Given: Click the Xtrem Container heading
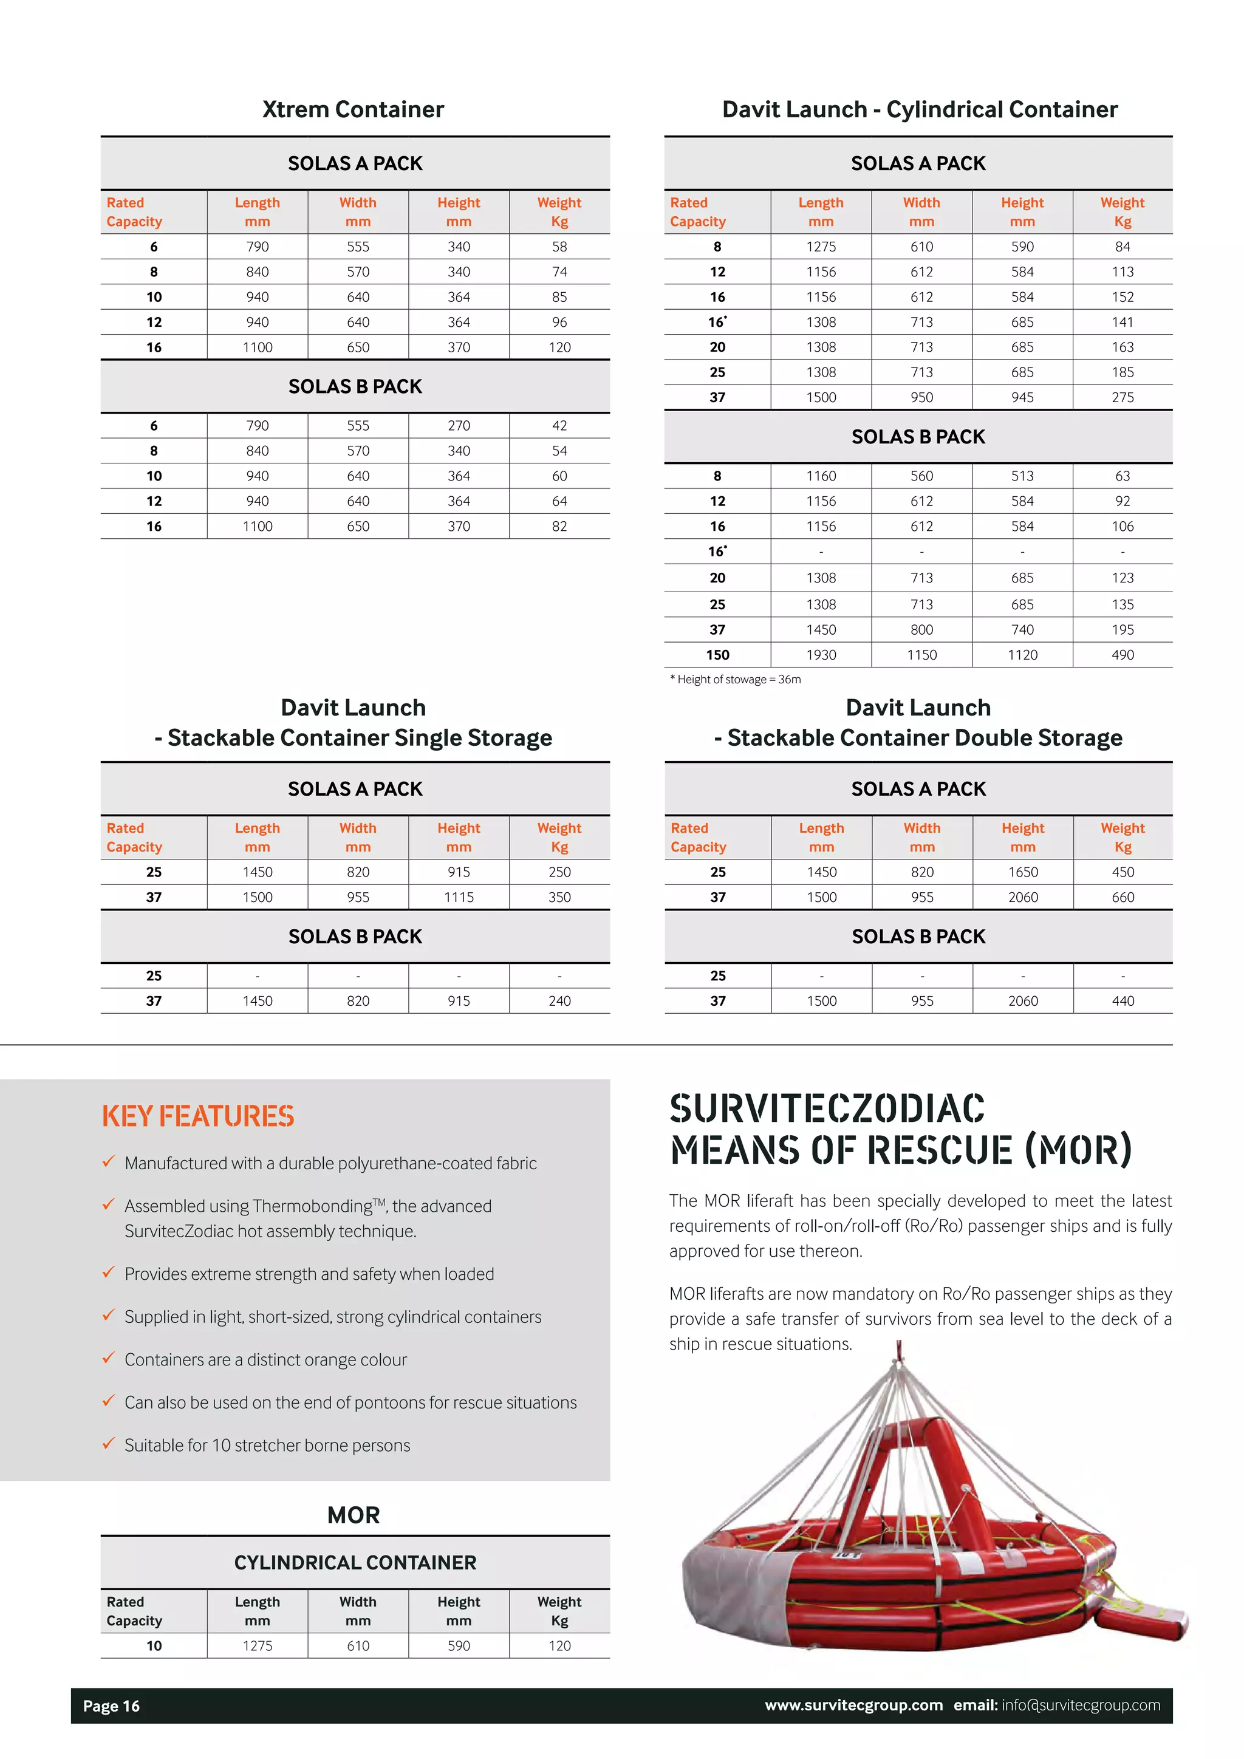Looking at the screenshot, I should point(353,109).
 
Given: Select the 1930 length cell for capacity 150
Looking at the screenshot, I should point(821,655).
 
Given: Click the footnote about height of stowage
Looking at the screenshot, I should point(736,680).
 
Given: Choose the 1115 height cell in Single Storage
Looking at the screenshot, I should point(459,897).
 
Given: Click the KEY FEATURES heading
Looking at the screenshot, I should point(199,1116).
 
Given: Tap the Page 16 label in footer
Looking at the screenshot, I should point(112,1706).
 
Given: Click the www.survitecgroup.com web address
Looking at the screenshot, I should point(853,1706).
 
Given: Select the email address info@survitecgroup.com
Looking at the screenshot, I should point(1081,1706).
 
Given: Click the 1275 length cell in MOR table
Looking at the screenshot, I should point(258,1645).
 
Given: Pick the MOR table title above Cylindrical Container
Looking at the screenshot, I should point(353,1515).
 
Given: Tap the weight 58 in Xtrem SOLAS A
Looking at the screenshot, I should point(559,247).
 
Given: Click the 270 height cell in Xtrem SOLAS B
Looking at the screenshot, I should point(459,426).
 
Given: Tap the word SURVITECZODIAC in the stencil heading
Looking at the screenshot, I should point(827,1109).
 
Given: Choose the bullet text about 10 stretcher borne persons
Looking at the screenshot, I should point(267,1446).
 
